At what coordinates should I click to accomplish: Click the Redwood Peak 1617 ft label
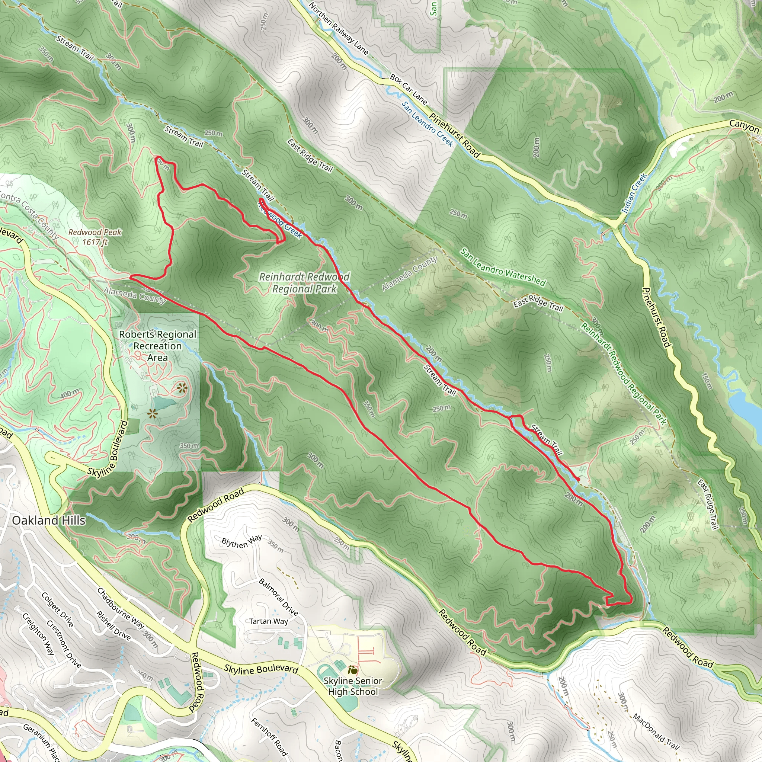95,237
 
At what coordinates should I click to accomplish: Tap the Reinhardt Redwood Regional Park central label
304,283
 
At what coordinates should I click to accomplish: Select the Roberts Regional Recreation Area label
157,346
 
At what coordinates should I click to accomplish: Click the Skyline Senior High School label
353,686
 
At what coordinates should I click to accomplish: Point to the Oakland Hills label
48,520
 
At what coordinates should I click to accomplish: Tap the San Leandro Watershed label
503,267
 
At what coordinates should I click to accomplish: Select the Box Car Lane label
409,89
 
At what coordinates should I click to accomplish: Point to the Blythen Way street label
241,541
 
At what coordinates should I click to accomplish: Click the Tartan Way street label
269,621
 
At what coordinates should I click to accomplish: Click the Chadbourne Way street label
120,608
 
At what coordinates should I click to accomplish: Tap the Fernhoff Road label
269,736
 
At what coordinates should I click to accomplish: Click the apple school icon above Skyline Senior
353,670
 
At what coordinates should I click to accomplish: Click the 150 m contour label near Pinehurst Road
707,381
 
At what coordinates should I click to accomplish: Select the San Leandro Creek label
428,124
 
